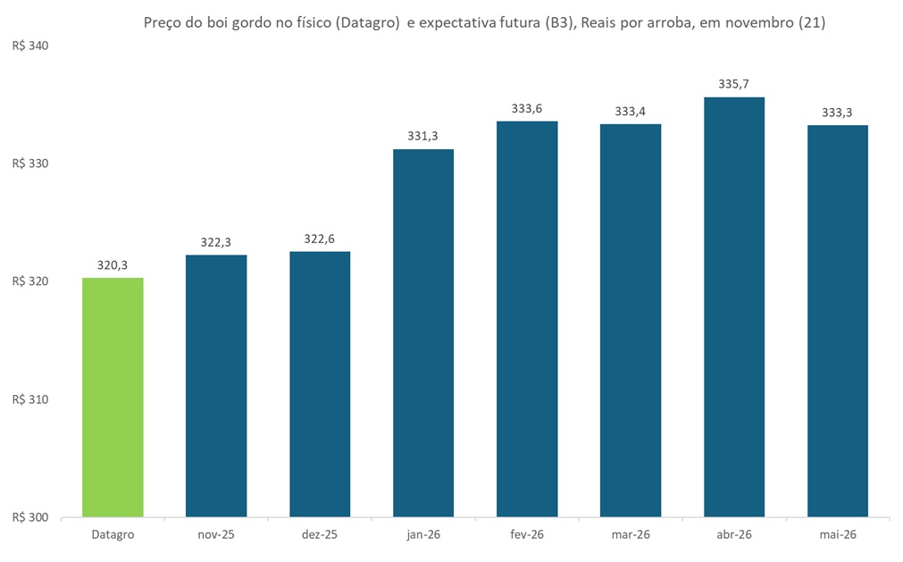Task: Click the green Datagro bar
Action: click(x=113, y=397)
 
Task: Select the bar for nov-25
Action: click(x=216, y=386)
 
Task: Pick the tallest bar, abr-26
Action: click(x=734, y=306)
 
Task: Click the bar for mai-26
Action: click(x=838, y=321)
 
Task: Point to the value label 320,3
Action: click(x=113, y=265)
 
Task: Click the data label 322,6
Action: click(x=320, y=239)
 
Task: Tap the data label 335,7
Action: click(x=734, y=84)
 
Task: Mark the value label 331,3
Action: click(x=423, y=137)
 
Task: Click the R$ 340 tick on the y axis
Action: click(x=30, y=46)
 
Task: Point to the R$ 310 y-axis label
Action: click(x=30, y=399)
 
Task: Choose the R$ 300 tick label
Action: click(x=30, y=517)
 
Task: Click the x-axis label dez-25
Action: click(x=320, y=534)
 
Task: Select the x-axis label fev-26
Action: click(x=527, y=534)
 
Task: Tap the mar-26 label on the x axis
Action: click(x=631, y=534)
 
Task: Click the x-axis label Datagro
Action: click(x=113, y=534)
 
